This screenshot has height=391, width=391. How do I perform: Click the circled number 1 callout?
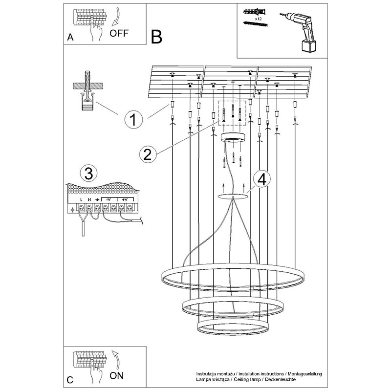(134, 118)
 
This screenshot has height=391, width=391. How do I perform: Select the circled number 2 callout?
(148, 153)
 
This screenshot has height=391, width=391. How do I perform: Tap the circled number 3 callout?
(88, 173)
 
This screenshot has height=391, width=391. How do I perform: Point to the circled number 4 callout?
(261, 179)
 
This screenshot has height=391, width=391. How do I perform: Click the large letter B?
(156, 36)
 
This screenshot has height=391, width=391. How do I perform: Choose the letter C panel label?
(70, 380)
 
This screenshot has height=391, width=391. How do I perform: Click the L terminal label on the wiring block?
(81, 200)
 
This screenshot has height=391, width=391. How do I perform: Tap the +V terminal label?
(125, 199)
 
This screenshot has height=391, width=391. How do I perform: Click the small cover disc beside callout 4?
(233, 196)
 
